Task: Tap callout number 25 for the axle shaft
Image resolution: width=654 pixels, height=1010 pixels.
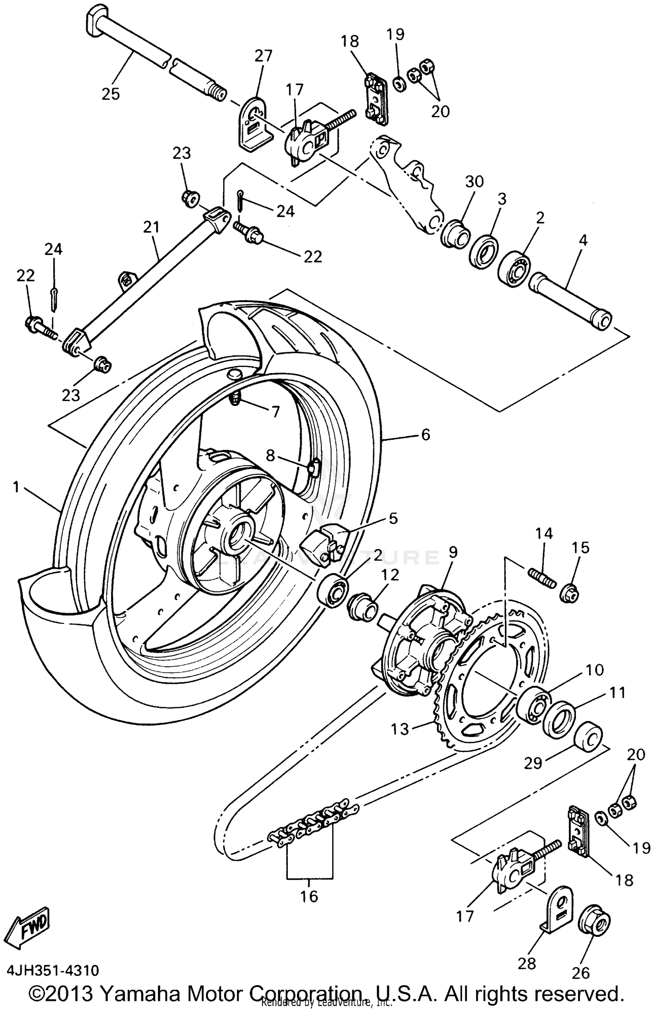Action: point(110,93)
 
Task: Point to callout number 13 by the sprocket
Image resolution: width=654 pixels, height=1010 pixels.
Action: point(400,728)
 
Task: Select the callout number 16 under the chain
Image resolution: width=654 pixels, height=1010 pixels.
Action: point(309,896)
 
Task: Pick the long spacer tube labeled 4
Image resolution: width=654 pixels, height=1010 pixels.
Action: point(570,303)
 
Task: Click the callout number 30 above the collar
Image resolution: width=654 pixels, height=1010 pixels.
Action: point(474,181)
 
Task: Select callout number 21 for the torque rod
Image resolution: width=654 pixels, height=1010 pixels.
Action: point(151,227)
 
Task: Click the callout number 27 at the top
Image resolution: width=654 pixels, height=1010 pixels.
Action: point(263,56)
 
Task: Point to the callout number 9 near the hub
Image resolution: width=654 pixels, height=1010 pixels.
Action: point(453,553)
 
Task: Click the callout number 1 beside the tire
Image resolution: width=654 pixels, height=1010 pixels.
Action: point(17,486)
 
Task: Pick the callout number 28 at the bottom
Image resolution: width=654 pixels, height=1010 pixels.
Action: point(527,963)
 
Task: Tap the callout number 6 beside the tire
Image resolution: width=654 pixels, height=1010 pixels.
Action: point(425,434)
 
